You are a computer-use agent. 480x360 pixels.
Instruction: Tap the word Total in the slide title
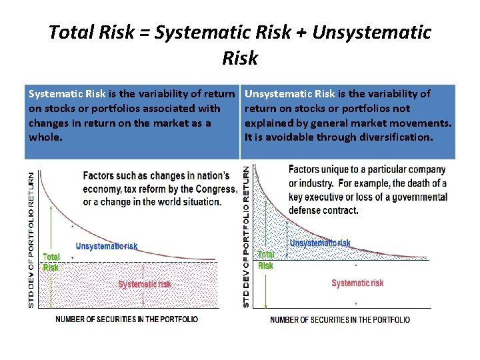[72, 33]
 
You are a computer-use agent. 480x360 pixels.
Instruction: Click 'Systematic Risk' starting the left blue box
[67, 94]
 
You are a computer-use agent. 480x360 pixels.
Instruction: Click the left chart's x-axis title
[127, 319]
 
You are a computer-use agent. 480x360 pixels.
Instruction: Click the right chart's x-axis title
[340, 320]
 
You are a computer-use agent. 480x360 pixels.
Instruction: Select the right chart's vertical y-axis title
[247, 237]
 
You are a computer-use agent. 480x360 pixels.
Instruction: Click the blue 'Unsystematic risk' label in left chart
[107, 247]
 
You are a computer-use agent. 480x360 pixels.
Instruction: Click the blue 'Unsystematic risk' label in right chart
[320, 243]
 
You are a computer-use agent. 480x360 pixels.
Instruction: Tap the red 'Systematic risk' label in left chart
[145, 285]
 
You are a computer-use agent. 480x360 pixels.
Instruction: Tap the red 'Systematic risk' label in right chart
[357, 283]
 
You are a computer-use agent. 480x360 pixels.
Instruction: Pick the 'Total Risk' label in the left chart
[51, 262]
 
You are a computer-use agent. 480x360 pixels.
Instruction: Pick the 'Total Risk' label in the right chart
[265, 260]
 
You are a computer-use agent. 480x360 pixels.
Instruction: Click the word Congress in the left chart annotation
[215, 189]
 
